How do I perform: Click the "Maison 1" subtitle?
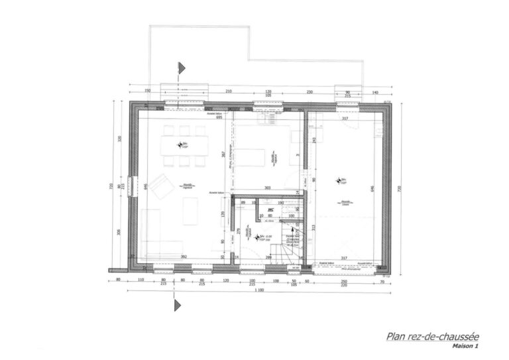point(464,346)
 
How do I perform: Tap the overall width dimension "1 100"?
point(258,292)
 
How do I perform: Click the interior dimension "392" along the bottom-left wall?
point(186,257)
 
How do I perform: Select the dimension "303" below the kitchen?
point(268,189)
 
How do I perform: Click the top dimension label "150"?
point(148,91)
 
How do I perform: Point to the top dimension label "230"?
point(309,91)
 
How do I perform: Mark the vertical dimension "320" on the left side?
point(120,140)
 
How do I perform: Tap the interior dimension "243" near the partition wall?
point(312,143)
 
